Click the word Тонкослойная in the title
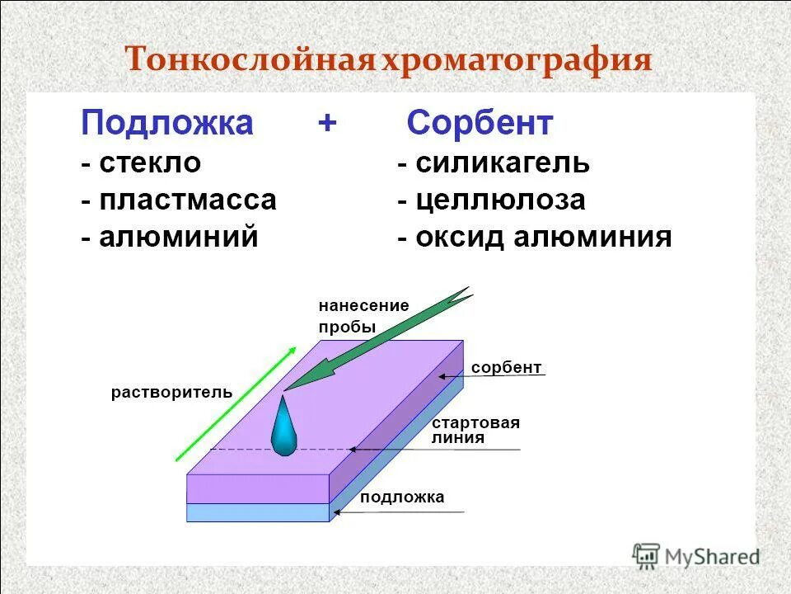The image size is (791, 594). (x=250, y=62)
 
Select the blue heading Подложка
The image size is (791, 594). (x=166, y=124)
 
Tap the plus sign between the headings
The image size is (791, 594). (x=327, y=124)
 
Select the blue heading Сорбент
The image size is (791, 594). (x=480, y=124)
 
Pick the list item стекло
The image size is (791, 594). (x=149, y=163)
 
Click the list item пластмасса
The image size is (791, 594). (x=187, y=200)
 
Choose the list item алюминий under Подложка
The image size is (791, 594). (x=178, y=238)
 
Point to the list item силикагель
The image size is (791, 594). (x=502, y=163)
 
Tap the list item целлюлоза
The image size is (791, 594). (x=499, y=200)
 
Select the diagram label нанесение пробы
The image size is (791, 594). (x=363, y=316)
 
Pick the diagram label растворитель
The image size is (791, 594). (x=171, y=392)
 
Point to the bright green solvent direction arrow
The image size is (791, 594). (x=236, y=404)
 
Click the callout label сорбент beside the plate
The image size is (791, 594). (x=506, y=367)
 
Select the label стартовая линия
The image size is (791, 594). (x=475, y=431)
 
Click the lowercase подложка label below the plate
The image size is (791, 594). (x=402, y=497)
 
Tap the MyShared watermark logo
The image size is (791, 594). (x=695, y=555)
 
